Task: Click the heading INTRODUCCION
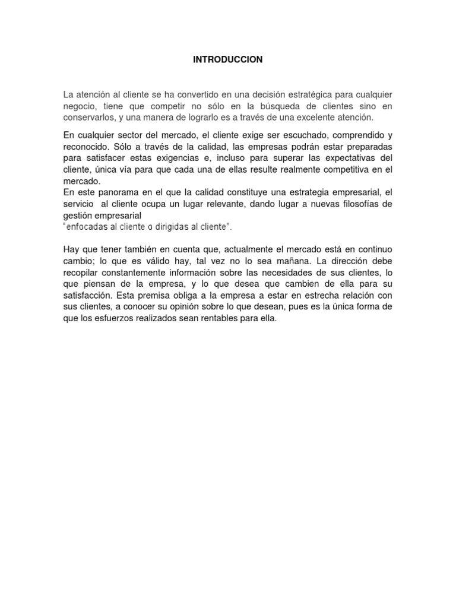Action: [228, 60]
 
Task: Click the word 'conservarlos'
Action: [90, 118]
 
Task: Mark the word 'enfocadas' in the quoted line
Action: [86, 227]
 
